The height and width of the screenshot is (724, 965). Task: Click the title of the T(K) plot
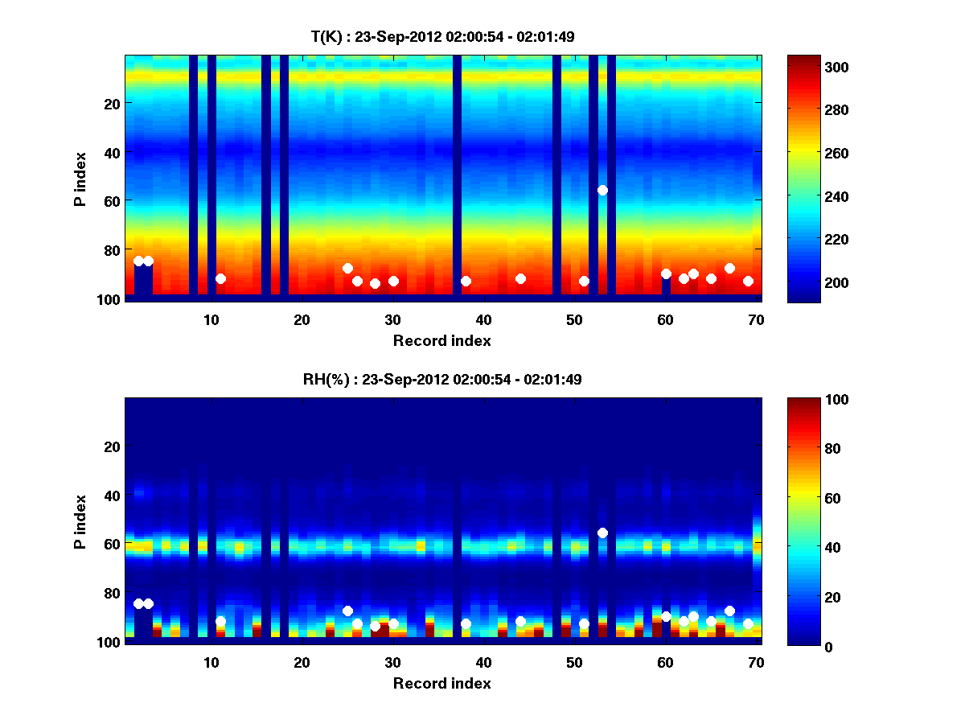[x=442, y=36]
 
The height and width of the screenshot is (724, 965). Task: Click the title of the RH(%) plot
[x=442, y=379]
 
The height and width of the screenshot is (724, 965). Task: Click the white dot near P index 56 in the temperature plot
[x=602, y=190]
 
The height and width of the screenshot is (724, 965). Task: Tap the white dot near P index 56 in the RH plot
[x=602, y=533]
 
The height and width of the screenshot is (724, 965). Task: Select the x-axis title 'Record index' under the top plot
[x=442, y=340]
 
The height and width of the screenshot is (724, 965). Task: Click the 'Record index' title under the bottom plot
[x=442, y=683]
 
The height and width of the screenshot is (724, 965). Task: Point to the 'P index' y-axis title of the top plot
[x=80, y=177]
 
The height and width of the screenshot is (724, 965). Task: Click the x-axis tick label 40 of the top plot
[x=483, y=319]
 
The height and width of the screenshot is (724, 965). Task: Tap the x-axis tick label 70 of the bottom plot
[x=756, y=662]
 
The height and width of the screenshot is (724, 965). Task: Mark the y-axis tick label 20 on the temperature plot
[x=111, y=103]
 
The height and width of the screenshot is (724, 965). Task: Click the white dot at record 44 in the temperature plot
[x=520, y=278]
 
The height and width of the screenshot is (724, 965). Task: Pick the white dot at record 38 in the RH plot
[x=466, y=623]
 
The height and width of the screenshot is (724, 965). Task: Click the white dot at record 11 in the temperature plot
[x=220, y=278]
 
